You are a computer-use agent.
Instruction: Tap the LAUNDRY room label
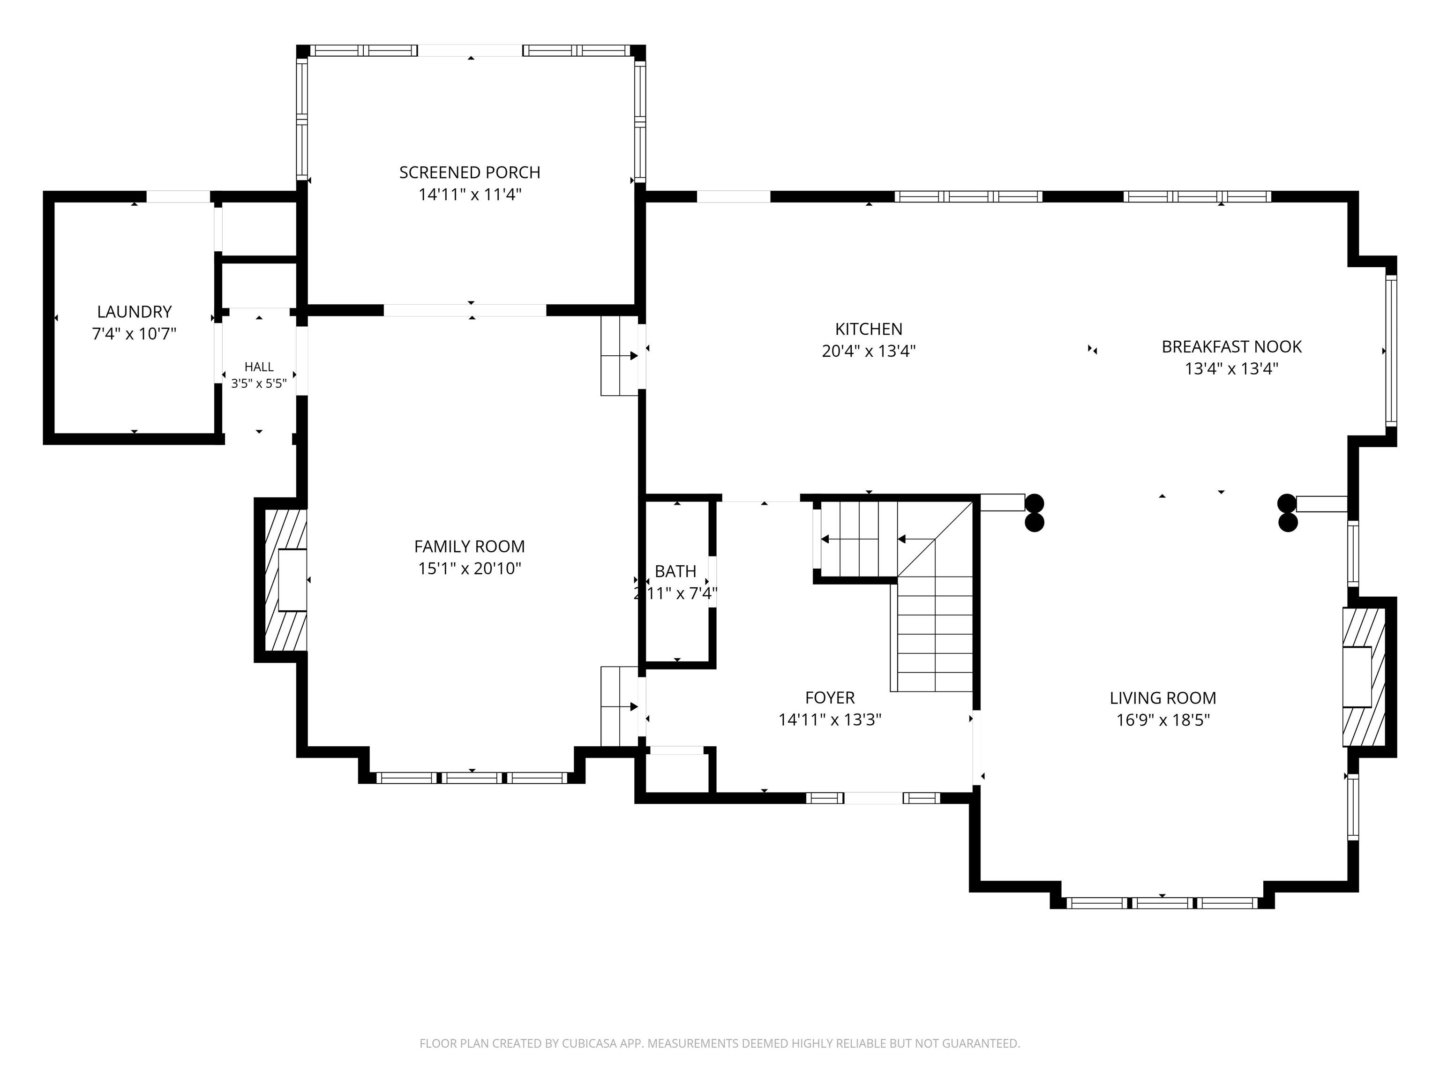pyautogui.click(x=134, y=312)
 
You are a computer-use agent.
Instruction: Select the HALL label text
pyautogui.click(x=259, y=367)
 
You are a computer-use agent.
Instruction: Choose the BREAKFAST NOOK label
pyautogui.click(x=1232, y=347)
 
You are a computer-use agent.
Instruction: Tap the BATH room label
pyautogui.click(x=676, y=571)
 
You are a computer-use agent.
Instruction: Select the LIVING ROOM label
pyautogui.click(x=1162, y=698)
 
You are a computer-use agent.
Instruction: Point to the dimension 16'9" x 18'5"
pyautogui.click(x=1162, y=720)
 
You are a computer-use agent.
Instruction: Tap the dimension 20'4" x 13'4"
pyautogui.click(x=869, y=352)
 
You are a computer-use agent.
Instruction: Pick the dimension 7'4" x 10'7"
pyautogui.click(x=134, y=334)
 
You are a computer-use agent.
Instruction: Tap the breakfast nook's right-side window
pyautogui.click(x=1391, y=351)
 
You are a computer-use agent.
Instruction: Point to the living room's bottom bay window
pyautogui.click(x=1162, y=903)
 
